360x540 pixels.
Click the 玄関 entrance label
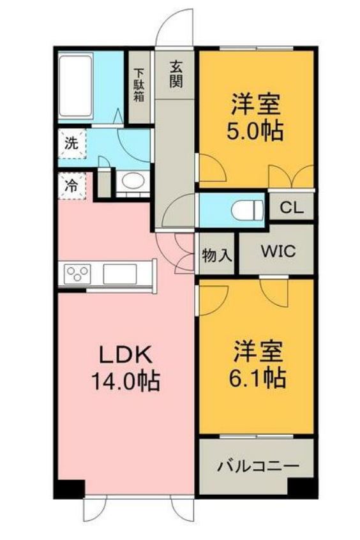click(176, 74)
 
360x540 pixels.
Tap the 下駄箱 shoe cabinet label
click(139, 87)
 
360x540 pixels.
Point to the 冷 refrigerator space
click(71, 186)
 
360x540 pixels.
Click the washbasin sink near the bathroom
click(132, 181)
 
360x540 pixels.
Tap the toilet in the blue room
click(248, 209)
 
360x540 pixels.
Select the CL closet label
click(290, 207)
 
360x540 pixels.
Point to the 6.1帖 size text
click(257, 379)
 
